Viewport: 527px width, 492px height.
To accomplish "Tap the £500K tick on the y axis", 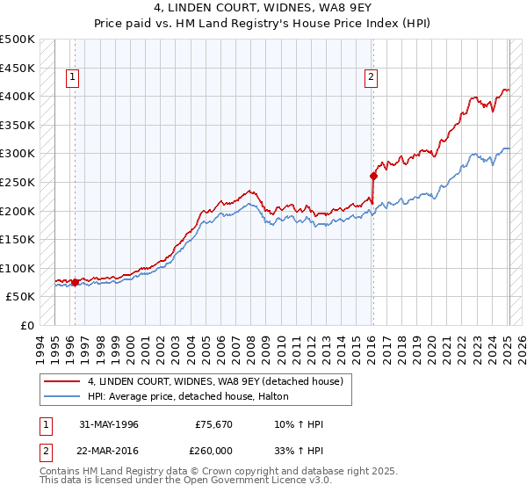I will [18, 40].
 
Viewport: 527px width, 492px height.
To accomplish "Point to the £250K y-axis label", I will [18, 182].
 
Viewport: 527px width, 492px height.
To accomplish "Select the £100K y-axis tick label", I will [18, 268].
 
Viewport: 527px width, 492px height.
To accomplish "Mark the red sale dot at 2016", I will [373, 176].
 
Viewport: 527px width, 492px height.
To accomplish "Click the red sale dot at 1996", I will [76, 282].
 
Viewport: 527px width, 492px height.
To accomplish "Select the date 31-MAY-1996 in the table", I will [109, 424].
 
